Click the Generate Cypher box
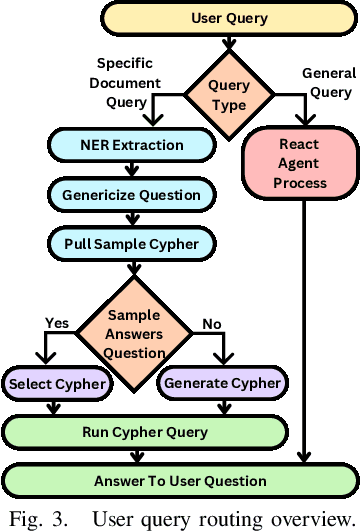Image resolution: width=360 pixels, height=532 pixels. (x=221, y=383)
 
